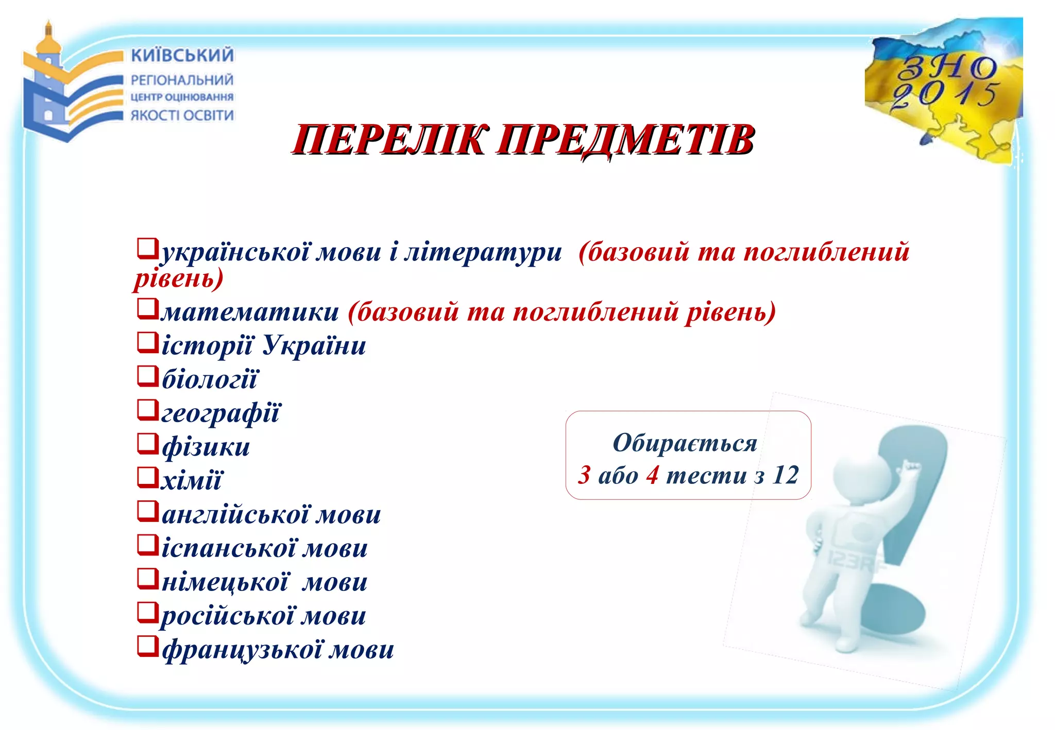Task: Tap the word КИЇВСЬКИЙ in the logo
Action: click(x=182, y=55)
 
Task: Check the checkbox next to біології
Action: click(x=147, y=376)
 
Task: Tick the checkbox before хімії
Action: click(x=147, y=477)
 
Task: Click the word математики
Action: click(x=250, y=312)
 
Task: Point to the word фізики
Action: click(x=206, y=446)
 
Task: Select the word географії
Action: click(x=221, y=413)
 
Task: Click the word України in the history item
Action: click(x=314, y=345)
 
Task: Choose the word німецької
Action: click(x=225, y=582)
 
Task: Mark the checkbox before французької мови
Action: click(x=147, y=646)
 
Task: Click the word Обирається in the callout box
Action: click(x=685, y=443)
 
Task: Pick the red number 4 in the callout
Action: click(x=652, y=475)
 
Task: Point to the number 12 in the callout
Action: click(x=785, y=475)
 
